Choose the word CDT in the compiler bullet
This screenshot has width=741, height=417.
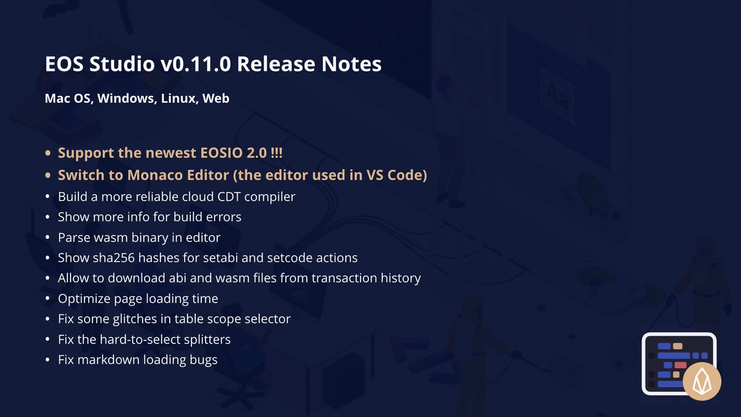coord(229,197)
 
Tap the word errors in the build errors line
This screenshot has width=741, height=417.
coord(222,217)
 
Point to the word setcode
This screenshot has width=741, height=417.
coord(298,258)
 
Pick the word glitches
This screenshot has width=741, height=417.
coord(133,319)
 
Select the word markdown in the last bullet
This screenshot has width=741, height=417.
coord(109,360)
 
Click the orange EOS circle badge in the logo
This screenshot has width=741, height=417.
coord(701,381)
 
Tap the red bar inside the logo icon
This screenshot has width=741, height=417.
coord(680,365)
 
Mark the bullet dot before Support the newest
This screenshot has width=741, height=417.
coord(48,154)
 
